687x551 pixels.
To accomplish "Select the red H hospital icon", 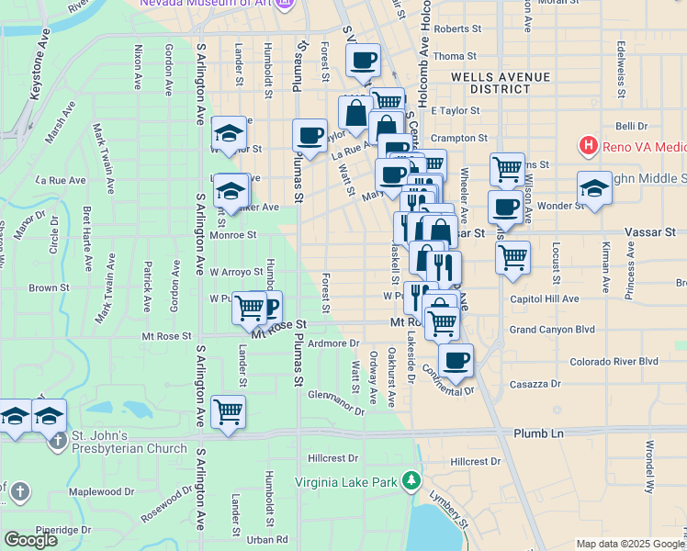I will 588,145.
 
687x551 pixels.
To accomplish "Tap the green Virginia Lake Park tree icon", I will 412,480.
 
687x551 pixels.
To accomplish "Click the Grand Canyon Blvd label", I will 553,329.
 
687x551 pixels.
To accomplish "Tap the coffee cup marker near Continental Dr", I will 456,360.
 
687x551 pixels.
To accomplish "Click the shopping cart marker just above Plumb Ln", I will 228,412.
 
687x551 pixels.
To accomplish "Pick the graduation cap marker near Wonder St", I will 594,189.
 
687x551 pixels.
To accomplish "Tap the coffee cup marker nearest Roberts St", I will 362,61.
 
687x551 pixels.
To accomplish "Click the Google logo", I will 30,540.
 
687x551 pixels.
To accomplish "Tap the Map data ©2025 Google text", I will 629,544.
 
